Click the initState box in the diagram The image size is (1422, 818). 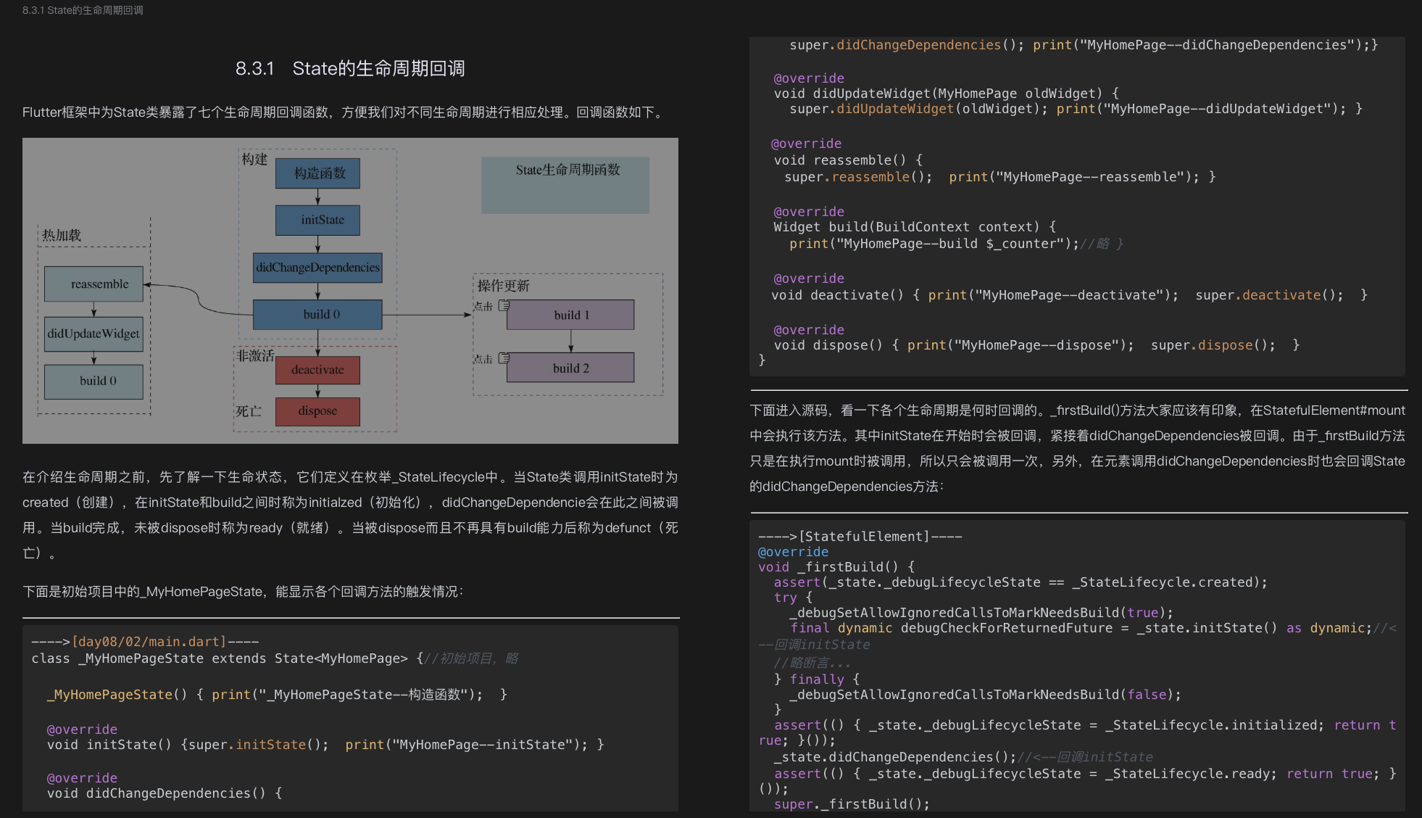[317, 220]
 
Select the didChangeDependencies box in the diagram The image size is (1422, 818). [317, 268]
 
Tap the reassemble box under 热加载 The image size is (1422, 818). [93, 284]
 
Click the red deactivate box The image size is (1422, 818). [317, 370]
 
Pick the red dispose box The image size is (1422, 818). [317, 411]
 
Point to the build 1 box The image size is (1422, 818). [570, 315]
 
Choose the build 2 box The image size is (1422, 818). [570, 368]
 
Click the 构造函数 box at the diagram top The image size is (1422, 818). [317, 173]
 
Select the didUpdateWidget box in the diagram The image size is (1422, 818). [93, 334]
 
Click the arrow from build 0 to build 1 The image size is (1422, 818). [428, 315]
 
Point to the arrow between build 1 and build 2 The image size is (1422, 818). [571, 341]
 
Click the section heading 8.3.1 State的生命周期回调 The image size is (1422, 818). [350, 69]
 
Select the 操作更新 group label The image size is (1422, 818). [503, 286]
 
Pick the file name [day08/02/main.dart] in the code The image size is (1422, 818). [149, 642]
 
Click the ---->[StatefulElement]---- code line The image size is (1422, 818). [860, 537]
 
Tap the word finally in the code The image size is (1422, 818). [817, 679]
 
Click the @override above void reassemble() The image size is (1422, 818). [806, 144]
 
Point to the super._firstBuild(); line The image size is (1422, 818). [852, 803]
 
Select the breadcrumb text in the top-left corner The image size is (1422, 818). [83, 10]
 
